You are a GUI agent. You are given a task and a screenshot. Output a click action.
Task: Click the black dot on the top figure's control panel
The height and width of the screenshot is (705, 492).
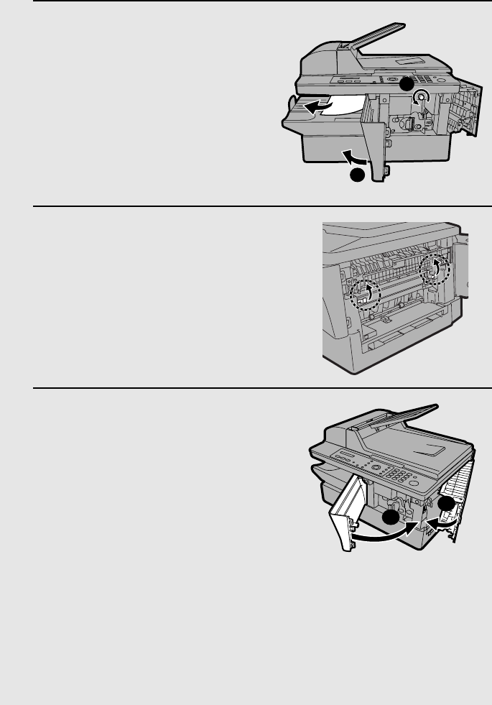[x=406, y=84]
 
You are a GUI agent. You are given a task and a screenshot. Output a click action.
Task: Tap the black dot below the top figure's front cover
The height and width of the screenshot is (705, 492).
[x=356, y=175]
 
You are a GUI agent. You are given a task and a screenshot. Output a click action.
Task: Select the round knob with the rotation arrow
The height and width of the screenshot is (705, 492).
[x=424, y=96]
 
